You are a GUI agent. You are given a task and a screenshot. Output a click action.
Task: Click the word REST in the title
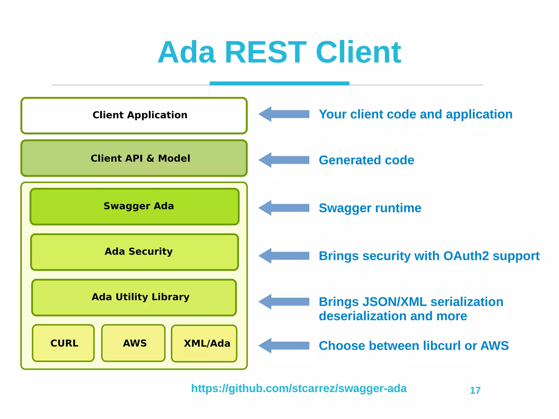pos(265,52)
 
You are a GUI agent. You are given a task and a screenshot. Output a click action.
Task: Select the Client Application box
pos(134,115)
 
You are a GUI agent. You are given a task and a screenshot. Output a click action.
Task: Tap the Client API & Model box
pos(134,158)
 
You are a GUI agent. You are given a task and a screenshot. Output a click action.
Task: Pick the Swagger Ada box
pos(135,206)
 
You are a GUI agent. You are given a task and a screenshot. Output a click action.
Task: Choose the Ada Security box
pos(135,252)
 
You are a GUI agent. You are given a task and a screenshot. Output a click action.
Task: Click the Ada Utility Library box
pos(134,297)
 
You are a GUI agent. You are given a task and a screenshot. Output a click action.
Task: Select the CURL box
pos(63,343)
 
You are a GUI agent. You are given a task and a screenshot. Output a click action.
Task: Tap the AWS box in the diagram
pos(133,343)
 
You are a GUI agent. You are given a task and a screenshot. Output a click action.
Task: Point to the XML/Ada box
pos(204,344)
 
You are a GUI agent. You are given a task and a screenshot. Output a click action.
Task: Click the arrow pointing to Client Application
pos(284,114)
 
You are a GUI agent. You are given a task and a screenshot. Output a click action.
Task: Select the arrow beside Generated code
pos(284,160)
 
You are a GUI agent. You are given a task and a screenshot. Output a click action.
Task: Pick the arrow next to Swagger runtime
pos(284,208)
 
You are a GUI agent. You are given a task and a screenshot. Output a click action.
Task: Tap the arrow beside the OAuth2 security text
pos(284,256)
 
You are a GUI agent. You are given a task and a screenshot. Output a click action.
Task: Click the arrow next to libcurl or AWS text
pos(284,346)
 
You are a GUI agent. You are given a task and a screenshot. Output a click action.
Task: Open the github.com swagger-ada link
pos(299,388)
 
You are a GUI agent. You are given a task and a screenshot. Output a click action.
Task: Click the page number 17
pos(475,391)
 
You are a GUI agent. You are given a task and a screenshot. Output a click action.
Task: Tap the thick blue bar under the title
pos(279,83)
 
